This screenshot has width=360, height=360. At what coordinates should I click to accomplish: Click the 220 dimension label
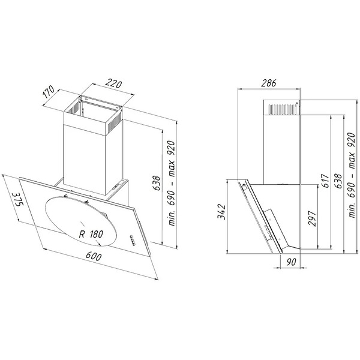pos(113,83)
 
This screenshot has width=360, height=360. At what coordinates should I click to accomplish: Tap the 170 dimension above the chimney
pos(49,92)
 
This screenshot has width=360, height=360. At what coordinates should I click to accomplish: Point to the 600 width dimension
pos(94,256)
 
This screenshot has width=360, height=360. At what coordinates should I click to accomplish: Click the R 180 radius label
pos(91,234)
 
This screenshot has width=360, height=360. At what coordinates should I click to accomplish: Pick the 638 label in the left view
pos(157,183)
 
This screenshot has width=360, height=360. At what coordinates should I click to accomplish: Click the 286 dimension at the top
pos(269,83)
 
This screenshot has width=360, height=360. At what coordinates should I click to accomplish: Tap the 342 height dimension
pos(222,211)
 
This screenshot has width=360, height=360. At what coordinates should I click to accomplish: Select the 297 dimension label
pos(312,218)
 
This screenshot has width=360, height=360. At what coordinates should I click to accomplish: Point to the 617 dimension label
pos(325,181)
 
